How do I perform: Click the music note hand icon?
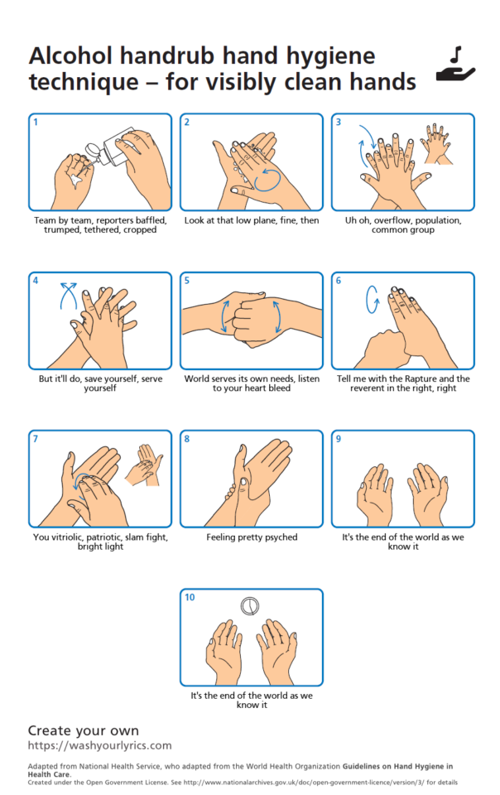coord(455,64)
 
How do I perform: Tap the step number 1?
coord(36,122)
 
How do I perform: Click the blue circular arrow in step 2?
coord(267,180)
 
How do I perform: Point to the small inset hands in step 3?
coord(435,143)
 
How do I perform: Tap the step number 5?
coord(187,281)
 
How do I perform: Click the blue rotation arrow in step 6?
coord(373,300)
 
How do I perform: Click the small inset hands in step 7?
coord(144,465)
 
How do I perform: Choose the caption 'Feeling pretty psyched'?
coord(252,537)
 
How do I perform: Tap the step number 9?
coord(339,439)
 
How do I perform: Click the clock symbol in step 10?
coord(250,606)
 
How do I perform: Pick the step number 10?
coord(190,597)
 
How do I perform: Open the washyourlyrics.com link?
coord(100,745)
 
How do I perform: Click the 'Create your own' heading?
coord(83,730)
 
